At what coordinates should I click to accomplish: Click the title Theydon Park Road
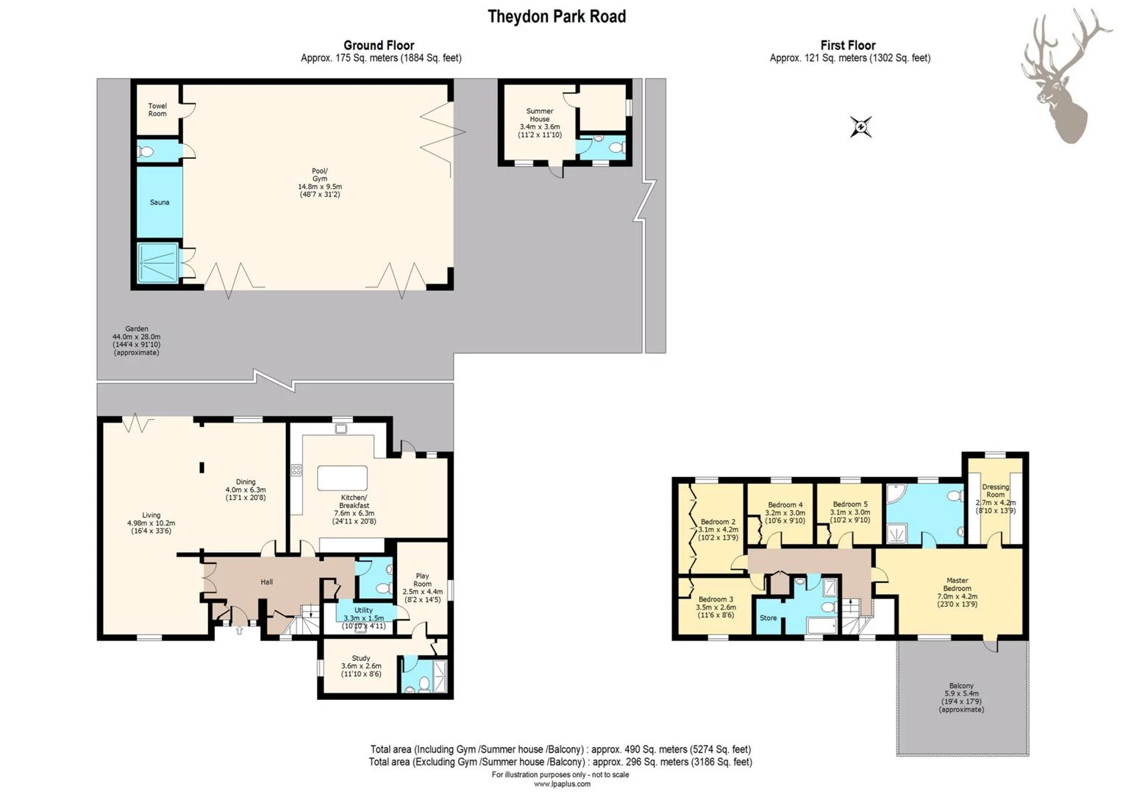click(x=557, y=16)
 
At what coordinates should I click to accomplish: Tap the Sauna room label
click(x=159, y=202)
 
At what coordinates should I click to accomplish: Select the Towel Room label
click(x=157, y=110)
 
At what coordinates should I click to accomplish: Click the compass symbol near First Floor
click(x=860, y=126)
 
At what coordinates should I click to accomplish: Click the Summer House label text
click(x=539, y=123)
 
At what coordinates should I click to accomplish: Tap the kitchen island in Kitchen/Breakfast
click(x=342, y=478)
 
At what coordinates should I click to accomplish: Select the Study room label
click(x=360, y=665)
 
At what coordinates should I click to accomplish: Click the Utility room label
click(x=363, y=618)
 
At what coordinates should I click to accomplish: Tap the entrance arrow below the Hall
click(x=239, y=630)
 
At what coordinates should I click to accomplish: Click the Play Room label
click(x=422, y=587)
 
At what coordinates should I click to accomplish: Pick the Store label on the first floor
click(x=768, y=618)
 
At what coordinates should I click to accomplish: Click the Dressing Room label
click(x=995, y=498)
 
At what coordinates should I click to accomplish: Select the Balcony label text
click(x=960, y=697)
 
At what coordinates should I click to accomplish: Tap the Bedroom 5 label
click(x=849, y=512)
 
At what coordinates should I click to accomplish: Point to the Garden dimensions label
click(x=136, y=340)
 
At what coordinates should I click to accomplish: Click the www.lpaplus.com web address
click(x=561, y=784)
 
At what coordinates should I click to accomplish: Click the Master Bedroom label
click(x=957, y=592)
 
